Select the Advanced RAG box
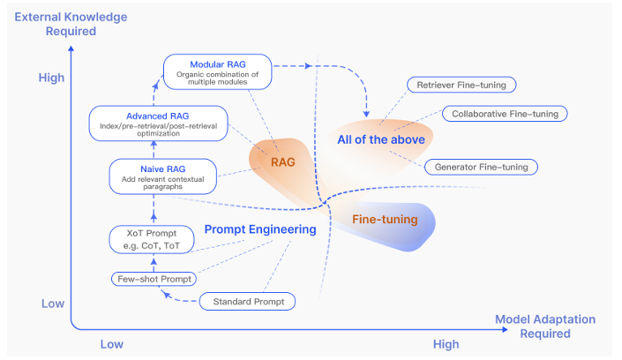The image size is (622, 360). [x=159, y=121]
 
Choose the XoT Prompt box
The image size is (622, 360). [x=152, y=237]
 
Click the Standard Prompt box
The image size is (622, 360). [x=248, y=302]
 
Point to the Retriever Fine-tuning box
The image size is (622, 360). [x=461, y=85]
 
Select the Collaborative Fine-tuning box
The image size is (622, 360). [x=504, y=114]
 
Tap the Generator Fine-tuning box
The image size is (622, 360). [x=480, y=166]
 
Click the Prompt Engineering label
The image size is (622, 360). [x=260, y=229]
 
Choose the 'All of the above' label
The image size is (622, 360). [x=381, y=139]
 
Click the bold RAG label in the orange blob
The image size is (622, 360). [x=283, y=162]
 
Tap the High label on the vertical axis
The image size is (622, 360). [x=52, y=79]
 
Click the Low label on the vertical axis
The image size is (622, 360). [x=52, y=304]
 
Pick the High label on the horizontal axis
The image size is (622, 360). [x=446, y=344]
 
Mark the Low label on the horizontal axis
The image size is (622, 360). [x=111, y=344]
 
